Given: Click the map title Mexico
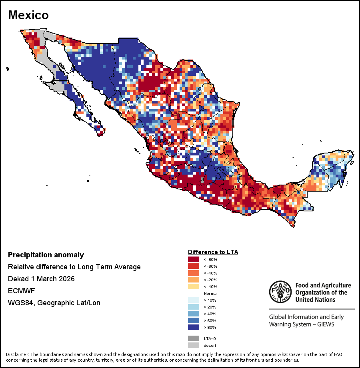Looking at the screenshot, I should pos(28,15).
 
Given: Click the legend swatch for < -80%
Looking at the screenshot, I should pos(194,259).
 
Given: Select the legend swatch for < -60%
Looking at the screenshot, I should pos(194,266).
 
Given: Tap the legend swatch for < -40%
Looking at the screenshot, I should pos(194,273).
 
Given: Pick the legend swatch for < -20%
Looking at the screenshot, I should pos(194,280).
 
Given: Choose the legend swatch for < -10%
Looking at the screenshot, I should pos(194,286).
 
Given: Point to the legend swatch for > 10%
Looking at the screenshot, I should pos(194,300).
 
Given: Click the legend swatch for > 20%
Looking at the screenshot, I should pos(194,307).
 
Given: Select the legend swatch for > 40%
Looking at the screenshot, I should pos(194,314).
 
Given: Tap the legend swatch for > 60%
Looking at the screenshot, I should pos(194,320).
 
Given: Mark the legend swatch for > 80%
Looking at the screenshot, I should pos(194,327).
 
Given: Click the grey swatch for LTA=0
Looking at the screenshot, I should pos(194,338).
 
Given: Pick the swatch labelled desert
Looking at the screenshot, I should pos(194,345).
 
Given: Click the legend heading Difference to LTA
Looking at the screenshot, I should pos(213,252).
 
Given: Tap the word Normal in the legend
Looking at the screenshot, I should pos(210,293).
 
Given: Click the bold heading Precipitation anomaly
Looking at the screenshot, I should pos(46,255).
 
